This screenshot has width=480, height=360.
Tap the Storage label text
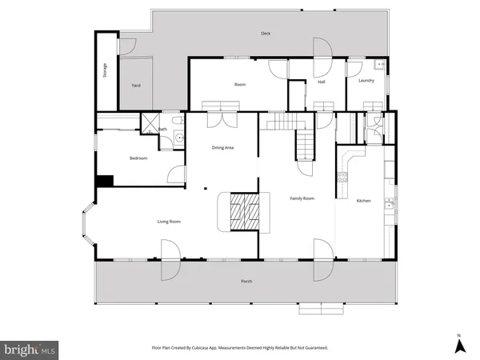pos(105,70)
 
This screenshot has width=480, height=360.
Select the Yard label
pos(136,85)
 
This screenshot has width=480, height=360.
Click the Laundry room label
pos(367,80)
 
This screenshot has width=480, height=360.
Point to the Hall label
pos(322,82)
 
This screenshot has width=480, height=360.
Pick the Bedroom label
pos(138,158)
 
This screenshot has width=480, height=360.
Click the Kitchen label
pos(364,200)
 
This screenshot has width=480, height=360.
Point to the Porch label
pos(247,282)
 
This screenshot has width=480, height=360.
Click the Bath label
pos(162,130)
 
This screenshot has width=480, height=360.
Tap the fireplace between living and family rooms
pos(243,214)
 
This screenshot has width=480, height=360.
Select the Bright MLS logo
pos(30,349)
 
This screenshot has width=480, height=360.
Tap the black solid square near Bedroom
pos(102,182)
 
